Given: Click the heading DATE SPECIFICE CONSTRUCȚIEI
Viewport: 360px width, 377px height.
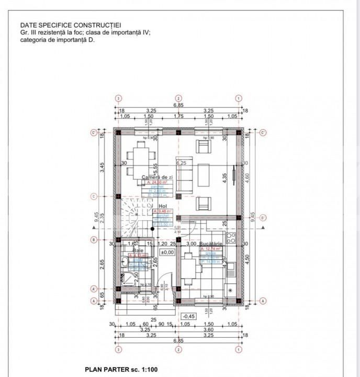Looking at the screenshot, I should (x=63, y=25).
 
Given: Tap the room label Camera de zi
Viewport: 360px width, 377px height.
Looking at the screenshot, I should (x=157, y=178).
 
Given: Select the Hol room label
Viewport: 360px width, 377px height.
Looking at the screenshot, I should (x=162, y=207).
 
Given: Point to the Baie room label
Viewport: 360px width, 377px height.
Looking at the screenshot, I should (x=137, y=251).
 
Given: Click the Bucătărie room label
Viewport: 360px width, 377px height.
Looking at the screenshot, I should (x=211, y=245).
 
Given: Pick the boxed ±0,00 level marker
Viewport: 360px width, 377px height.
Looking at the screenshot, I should (x=167, y=252).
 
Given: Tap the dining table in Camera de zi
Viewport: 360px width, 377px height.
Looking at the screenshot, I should (x=140, y=156).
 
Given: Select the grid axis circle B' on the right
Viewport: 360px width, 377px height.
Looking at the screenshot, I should (x=263, y=218).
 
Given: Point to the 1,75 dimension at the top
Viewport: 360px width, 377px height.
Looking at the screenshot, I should (x=178, y=117).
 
